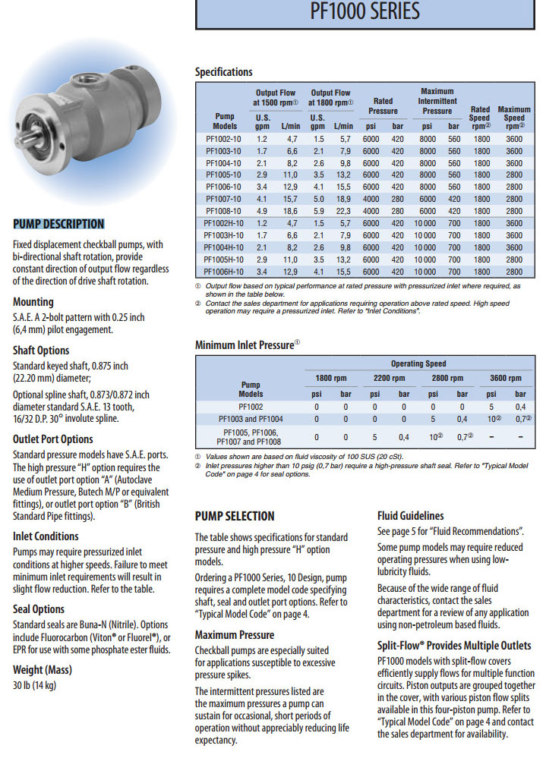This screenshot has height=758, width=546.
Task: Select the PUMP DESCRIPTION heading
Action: [x=58, y=224]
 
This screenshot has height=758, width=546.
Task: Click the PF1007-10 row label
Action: [x=225, y=199]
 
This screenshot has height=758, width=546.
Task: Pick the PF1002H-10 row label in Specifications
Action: [x=225, y=223]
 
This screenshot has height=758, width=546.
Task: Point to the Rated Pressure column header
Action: [x=383, y=105]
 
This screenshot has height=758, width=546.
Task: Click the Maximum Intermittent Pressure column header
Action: [x=437, y=101]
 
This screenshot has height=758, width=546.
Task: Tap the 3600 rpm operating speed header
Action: [x=505, y=378]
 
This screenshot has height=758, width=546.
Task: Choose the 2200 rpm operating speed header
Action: [x=389, y=378]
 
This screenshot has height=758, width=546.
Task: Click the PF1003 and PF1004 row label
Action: [x=251, y=418]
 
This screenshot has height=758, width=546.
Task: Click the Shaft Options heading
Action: [x=41, y=351]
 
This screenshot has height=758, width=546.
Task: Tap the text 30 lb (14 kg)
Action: [x=34, y=686]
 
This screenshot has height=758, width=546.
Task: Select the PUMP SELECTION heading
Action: [x=235, y=516]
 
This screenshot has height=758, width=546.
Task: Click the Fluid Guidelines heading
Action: [x=411, y=515]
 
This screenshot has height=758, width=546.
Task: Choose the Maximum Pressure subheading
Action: [x=235, y=634]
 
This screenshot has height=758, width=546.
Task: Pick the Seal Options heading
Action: [x=39, y=609]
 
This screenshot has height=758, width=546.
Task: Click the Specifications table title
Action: [x=224, y=72]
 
